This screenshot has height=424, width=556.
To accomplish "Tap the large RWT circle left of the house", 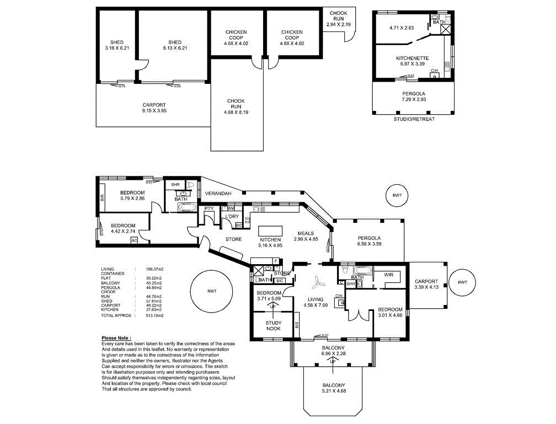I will click(x=212, y=291).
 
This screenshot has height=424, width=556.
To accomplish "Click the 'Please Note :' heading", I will click(x=116, y=337).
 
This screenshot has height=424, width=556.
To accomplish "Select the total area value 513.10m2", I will click(x=154, y=315).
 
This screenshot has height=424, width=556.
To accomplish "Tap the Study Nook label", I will click(x=273, y=325).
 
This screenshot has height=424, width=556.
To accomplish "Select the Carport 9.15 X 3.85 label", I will click(x=154, y=108).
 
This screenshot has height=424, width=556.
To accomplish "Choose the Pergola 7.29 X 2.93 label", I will click(x=414, y=98).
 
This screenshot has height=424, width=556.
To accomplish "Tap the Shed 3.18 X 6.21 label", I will click(x=116, y=45).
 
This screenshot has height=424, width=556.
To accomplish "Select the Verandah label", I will click(x=218, y=194).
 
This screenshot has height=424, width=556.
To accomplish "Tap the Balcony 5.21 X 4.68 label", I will click(x=334, y=388).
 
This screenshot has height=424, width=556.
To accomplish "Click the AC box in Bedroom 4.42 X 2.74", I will click(x=133, y=240).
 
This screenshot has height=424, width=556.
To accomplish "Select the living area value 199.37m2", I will click(x=154, y=269).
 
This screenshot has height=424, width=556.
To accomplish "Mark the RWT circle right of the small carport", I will click(x=462, y=282).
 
